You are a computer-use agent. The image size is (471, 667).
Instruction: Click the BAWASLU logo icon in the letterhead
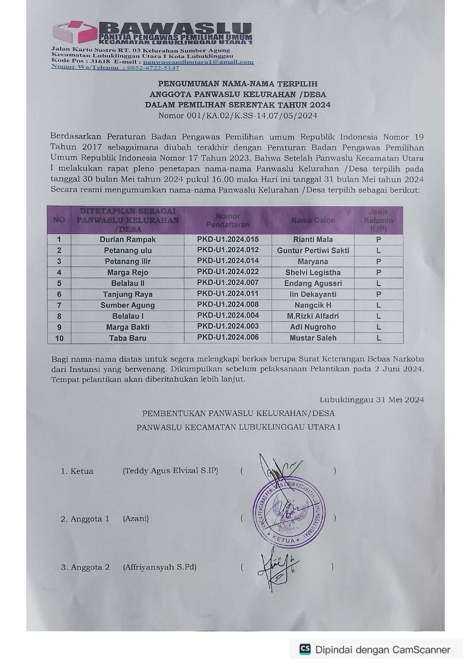pos(74,32)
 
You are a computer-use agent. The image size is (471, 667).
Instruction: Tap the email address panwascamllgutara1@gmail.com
pos(198,62)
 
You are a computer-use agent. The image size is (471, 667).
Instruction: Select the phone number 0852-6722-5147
pos(153,68)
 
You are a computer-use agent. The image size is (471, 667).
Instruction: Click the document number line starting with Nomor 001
pos(237,116)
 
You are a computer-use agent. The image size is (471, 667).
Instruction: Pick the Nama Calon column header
pos(313,220)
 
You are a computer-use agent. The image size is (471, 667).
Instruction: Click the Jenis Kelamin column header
pos(378,220)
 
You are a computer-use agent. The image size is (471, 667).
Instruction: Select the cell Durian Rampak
pos(128,239)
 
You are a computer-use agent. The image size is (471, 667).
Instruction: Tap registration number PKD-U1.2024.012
pos(228,250)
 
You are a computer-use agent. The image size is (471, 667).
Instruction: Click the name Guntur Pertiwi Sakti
pos(313,250)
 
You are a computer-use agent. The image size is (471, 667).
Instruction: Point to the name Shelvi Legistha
pos(313,273)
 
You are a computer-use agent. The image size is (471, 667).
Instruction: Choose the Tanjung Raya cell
pos(128,294)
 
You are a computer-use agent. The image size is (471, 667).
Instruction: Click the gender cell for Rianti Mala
pos(378,239)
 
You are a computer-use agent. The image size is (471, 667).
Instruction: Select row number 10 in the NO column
pos(59,338)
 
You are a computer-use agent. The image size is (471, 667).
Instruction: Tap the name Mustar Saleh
pos(313,338)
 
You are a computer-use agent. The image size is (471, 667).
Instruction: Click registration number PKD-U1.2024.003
pos(228,326)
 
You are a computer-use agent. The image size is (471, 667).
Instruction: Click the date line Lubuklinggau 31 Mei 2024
pos(371,399)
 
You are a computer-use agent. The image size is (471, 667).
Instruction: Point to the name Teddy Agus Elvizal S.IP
pos(171,471)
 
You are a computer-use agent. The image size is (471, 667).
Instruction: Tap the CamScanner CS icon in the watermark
pos(305,650)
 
